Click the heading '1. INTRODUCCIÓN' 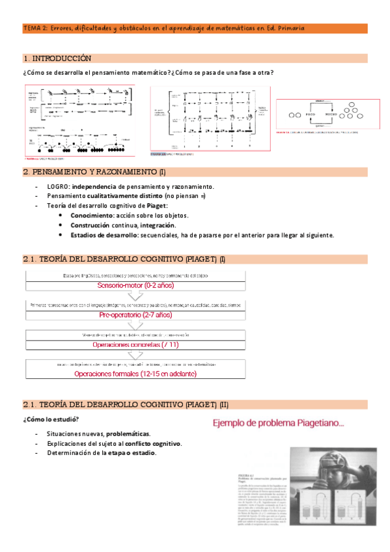pos(57,59)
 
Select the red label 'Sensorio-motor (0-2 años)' pos(136,285)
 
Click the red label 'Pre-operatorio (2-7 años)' pos(135,314)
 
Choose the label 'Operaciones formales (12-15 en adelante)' pos(135,374)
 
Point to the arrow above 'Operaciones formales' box pos(136,355)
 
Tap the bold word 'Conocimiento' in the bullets pos(91,215)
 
